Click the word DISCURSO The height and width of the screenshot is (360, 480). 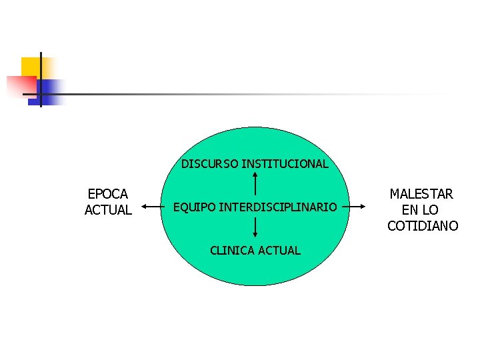pyautogui.click(x=210, y=164)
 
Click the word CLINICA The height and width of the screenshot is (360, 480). pyautogui.click(x=231, y=251)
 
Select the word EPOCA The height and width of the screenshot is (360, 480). pyautogui.click(x=108, y=194)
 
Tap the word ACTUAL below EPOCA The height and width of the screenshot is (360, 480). pyautogui.click(x=108, y=210)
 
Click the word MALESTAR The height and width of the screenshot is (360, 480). pyautogui.click(x=421, y=194)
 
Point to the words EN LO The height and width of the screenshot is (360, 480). pyautogui.click(x=421, y=210)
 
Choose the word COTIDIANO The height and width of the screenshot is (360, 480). pyautogui.click(x=423, y=226)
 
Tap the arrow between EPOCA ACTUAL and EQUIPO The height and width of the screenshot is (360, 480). pyautogui.click(x=153, y=207)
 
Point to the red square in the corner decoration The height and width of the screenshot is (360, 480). pyautogui.click(x=20, y=86)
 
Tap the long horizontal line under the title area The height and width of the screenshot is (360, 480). pyautogui.click(x=233, y=94)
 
